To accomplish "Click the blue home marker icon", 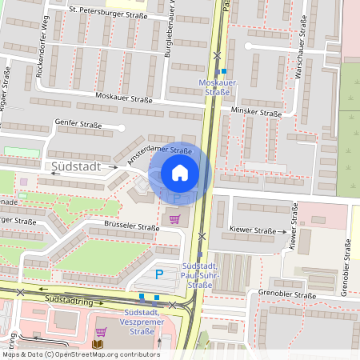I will coord(180,172).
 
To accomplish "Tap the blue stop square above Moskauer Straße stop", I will coord(225,71).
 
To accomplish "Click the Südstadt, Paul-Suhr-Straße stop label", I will coord(198,274).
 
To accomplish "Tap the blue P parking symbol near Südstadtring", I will coord(158,274).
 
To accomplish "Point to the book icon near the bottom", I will coord(98,344).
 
